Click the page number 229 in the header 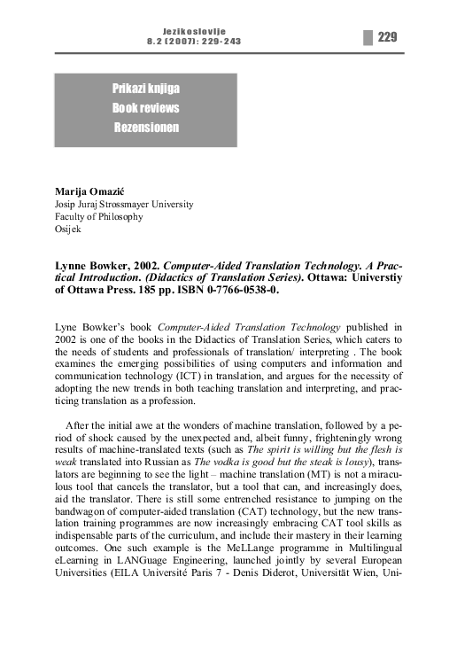point(386,36)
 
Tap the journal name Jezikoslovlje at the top point(194,30)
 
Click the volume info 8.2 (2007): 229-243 point(194,41)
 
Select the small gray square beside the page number point(367,36)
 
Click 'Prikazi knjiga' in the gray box point(145,89)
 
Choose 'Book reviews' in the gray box point(145,108)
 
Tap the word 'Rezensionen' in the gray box point(145,128)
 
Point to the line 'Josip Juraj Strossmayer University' point(124,203)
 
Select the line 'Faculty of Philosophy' point(98,216)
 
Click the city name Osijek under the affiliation point(69,230)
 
